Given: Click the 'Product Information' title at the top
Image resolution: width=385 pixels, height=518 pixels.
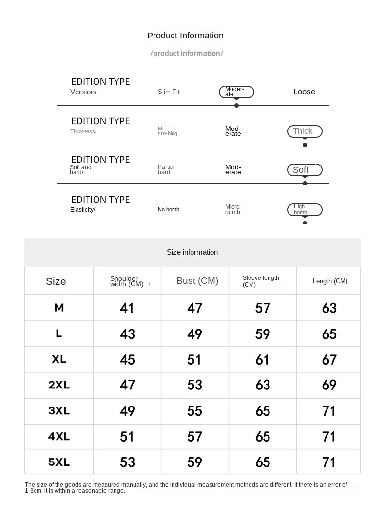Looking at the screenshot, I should [185, 36].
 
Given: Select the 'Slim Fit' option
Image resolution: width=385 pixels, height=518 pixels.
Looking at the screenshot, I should [169, 92].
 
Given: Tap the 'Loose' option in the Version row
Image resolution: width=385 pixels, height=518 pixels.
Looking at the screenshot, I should [304, 92].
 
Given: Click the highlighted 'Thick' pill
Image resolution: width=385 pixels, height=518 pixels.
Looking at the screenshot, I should [304, 131].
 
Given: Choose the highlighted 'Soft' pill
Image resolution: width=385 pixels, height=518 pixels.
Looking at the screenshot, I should [304, 170].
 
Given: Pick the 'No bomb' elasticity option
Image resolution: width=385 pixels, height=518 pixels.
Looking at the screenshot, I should [169, 209].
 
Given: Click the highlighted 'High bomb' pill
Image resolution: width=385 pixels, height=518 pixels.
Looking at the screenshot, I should [304, 210].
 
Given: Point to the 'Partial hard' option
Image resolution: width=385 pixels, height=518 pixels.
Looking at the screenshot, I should [166, 169].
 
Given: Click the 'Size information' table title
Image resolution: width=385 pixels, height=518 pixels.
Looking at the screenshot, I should [192, 252].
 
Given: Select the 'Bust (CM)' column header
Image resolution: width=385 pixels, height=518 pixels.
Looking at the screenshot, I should [197, 281].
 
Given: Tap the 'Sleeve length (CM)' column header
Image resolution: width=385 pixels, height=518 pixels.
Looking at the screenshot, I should [261, 281].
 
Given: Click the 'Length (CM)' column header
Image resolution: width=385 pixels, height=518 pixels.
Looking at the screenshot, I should [330, 281].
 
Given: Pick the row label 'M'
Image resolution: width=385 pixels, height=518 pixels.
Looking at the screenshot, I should [59, 307].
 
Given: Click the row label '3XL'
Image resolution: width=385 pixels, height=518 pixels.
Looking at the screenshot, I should [59, 410].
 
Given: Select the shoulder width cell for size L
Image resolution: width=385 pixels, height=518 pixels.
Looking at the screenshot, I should [127, 334].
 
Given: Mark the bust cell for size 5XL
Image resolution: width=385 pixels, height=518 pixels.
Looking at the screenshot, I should [194, 462].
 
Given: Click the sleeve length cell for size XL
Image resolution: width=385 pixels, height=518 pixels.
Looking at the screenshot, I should [262, 359].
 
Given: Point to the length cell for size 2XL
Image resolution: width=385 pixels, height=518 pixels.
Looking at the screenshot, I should [329, 385].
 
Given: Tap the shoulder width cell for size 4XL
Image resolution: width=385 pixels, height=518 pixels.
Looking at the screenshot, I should [127, 437].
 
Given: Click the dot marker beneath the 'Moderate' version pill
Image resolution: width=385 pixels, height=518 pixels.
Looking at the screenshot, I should [236, 105].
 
